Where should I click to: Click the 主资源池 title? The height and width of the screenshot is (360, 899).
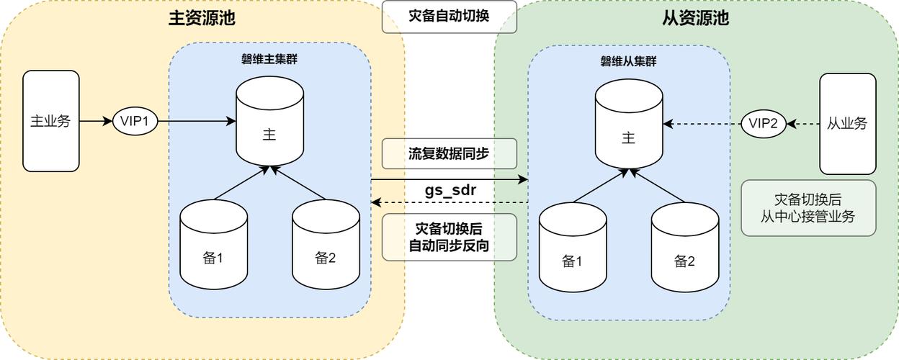(x=202, y=17)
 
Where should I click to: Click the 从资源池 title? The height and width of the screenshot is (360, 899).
(x=695, y=17)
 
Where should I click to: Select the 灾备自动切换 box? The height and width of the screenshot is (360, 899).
(x=449, y=16)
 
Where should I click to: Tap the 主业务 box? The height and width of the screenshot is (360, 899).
(x=50, y=121)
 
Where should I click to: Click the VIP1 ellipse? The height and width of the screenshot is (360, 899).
(x=135, y=121)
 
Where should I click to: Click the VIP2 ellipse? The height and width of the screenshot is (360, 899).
(x=764, y=123)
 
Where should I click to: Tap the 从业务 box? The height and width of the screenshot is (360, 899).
(x=848, y=123)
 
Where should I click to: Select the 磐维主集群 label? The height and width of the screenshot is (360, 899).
(x=269, y=59)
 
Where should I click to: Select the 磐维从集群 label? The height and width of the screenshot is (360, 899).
(x=628, y=61)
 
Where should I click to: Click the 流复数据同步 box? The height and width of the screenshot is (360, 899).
(x=449, y=153)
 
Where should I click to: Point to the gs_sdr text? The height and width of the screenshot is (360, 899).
(x=449, y=191)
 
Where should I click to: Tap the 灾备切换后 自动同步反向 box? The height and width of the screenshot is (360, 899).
(x=449, y=237)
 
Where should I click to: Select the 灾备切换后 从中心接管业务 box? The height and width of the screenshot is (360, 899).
(x=808, y=208)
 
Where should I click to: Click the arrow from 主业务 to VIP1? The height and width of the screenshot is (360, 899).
(x=96, y=121)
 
